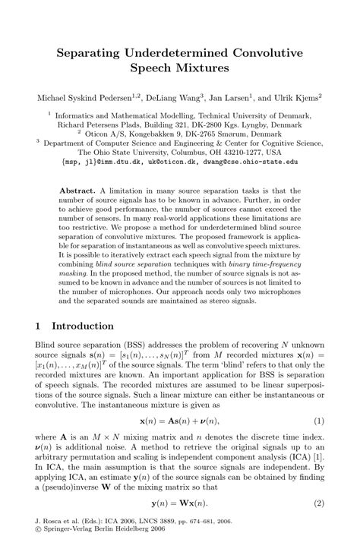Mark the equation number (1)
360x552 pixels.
[x=318, y=420]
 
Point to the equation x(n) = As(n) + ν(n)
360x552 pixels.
[x=180, y=420]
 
